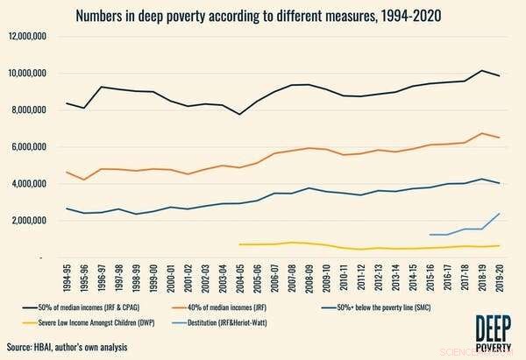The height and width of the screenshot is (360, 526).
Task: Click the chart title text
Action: point(263,15)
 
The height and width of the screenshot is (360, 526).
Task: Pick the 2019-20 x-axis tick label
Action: point(499,275)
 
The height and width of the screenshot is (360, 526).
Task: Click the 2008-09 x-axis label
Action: point(309,275)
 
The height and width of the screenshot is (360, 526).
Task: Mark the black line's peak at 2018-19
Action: point(482,70)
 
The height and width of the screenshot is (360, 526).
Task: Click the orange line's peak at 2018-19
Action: point(482,133)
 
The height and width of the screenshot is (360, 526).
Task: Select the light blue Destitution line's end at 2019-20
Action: point(500,214)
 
